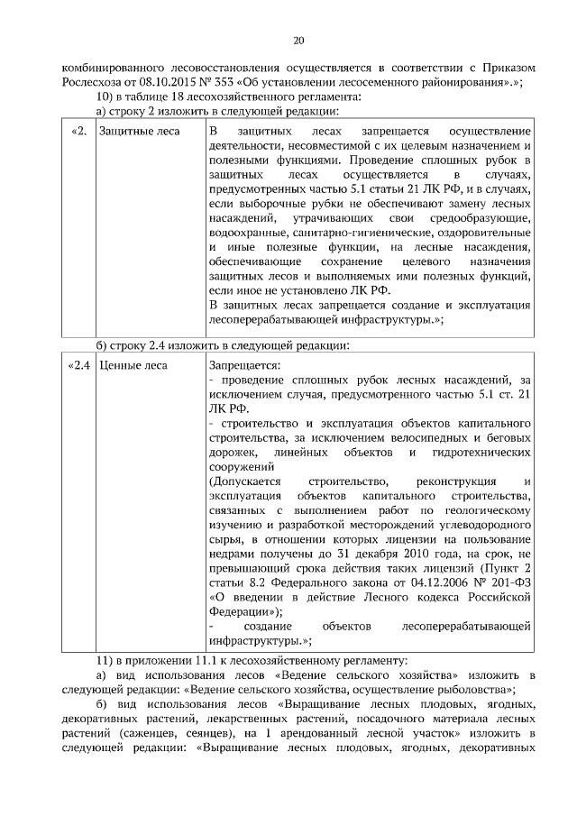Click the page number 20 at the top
coord(298,40)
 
